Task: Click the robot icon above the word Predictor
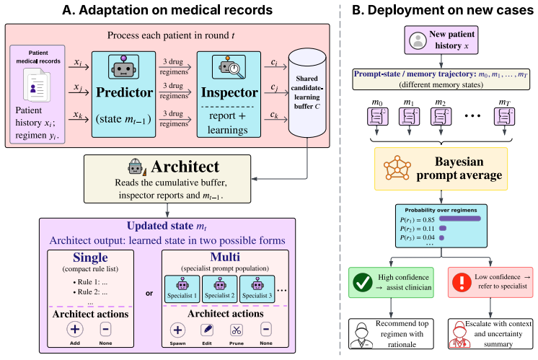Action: [x=123, y=66]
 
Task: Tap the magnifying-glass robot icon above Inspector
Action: [x=229, y=66]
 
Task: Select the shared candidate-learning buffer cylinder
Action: [x=307, y=92]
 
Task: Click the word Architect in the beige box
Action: [x=185, y=167]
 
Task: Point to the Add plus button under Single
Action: [x=75, y=330]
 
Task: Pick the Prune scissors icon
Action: [x=237, y=330]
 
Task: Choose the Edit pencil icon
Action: [x=207, y=330]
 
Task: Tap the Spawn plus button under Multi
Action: [x=177, y=330]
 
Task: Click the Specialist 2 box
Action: [x=219, y=289]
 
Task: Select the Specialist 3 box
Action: [x=257, y=289]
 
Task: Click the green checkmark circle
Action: [x=362, y=282]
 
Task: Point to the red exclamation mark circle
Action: [x=462, y=282]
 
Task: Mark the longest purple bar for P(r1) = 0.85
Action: [x=460, y=219]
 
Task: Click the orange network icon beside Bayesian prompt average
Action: [x=397, y=168]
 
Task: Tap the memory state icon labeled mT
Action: [x=504, y=116]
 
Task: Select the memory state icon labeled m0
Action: [x=377, y=116]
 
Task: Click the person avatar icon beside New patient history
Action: [x=418, y=40]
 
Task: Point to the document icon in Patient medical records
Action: [x=37, y=84]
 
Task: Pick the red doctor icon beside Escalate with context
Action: [x=460, y=335]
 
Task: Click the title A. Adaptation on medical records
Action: [x=167, y=10]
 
